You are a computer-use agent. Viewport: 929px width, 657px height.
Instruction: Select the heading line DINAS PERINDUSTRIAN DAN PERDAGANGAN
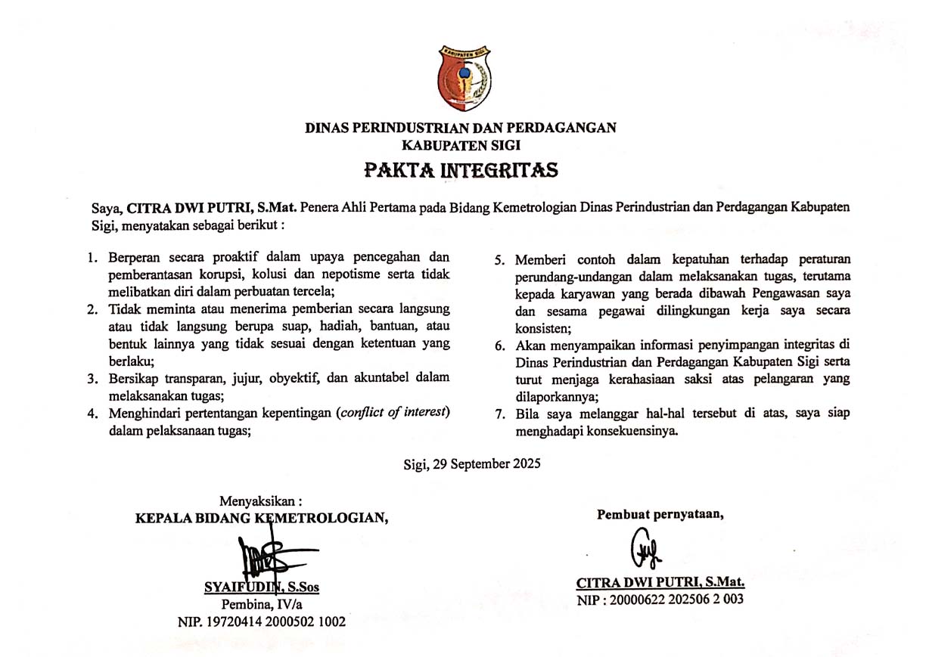pyautogui.click(x=460, y=128)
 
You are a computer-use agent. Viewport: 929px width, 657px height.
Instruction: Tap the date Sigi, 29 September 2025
pyautogui.click(x=472, y=464)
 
